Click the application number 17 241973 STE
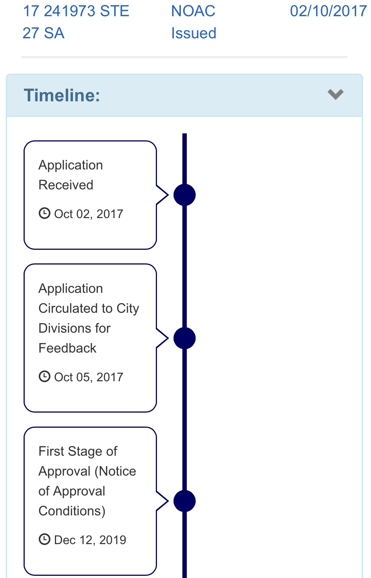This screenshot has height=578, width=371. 76,11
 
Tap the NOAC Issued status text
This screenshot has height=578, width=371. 193,22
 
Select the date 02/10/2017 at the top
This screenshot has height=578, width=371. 328,11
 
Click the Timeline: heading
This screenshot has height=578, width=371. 62,95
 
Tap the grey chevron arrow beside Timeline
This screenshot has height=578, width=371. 336,94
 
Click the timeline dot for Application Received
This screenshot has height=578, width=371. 185,195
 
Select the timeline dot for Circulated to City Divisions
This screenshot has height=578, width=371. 185,338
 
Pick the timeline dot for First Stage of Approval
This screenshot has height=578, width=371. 185,501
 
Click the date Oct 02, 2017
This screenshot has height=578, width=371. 88,214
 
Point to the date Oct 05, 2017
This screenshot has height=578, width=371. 88,377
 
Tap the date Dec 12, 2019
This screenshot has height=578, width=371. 90,540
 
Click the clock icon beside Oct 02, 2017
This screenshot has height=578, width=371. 44,213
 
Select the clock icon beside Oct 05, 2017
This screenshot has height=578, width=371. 44,376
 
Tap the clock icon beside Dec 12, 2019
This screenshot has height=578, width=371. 44,539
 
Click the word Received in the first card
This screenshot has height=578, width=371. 66,185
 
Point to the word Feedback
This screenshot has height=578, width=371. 67,348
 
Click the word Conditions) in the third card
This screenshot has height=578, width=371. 72,511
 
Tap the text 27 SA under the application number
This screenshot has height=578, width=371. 43,33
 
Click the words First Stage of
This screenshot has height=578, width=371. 78,451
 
